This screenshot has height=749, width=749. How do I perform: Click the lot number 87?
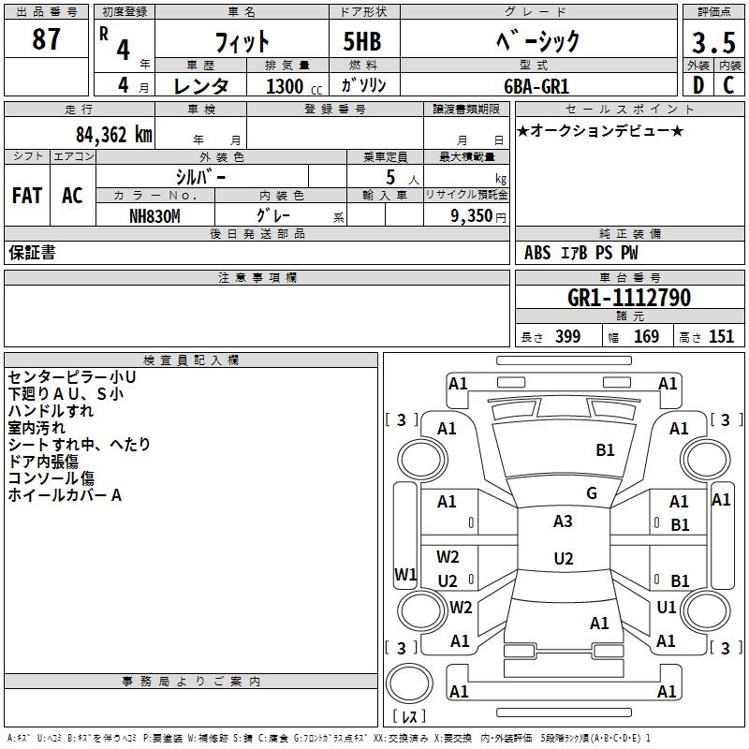point(46,38)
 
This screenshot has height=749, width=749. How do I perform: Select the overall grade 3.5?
point(713,42)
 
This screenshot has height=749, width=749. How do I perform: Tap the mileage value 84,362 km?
point(114,135)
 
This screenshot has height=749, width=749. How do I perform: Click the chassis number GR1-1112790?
point(629,298)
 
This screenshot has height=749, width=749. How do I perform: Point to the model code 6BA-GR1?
point(536,86)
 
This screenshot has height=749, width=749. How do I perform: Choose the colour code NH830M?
point(154,216)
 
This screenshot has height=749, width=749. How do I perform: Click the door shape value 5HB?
point(362,41)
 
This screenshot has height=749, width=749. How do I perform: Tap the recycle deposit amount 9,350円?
point(478,216)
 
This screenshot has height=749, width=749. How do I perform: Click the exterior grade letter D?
point(698,85)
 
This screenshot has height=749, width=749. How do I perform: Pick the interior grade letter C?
point(728,85)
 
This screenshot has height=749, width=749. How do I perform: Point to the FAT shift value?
point(27,196)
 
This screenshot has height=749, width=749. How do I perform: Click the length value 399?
point(568,336)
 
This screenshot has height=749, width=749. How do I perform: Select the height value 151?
point(721,336)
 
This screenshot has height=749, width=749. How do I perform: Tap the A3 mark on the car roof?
point(563,521)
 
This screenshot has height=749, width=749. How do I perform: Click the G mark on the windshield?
point(592,493)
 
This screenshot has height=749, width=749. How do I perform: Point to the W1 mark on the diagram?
point(405,574)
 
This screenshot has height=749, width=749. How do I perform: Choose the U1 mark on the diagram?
point(667,607)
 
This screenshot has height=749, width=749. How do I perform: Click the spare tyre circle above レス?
point(409,683)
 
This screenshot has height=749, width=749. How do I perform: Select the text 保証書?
point(32,252)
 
